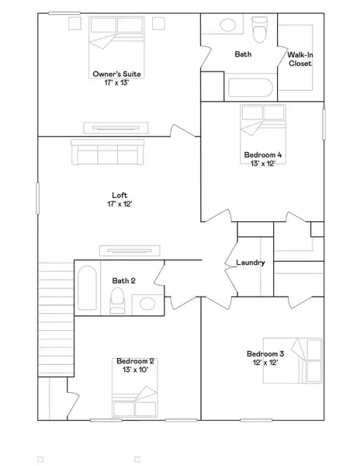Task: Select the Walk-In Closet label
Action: click(x=299, y=59)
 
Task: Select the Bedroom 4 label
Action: click(x=262, y=155)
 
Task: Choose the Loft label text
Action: click(x=119, y=196)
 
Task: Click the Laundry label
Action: click(x=251, y=263)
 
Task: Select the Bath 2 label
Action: click(x=124, y=280)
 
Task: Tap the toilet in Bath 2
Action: click(x=119, y=299)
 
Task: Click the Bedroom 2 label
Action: click(x=136, y=361)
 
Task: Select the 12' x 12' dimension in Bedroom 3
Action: click(x=266, y=363)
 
